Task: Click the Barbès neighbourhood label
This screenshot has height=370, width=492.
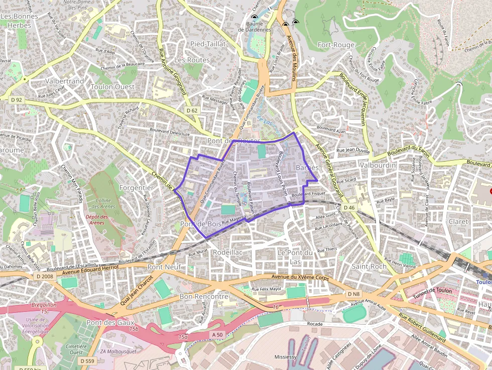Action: click(x=307, y=167)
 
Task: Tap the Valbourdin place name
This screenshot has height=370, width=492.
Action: click(x=378, y=165)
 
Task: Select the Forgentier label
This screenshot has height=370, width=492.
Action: click(x=136, y=187)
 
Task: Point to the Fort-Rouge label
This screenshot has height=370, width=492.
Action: click(x=336, y=45)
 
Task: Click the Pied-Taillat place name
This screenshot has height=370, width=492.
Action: click(x=208, y=44)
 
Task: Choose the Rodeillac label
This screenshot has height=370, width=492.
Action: click(x=228, y=252)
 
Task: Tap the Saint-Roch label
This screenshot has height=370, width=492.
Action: click(x=369, y=266)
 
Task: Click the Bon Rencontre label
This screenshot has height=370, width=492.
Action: click(x=204, y=297)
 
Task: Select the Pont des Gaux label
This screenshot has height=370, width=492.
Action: click(x=108, y=322)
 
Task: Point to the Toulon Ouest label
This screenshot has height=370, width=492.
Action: click(x=112, y=86)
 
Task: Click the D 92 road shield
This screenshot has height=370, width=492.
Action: click(x=16, y=100)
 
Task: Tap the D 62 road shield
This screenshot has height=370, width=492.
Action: click(x=192, y=110)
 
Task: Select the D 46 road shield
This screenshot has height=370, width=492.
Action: click(x=349, y=207)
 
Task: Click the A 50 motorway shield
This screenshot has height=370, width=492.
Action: click(x=217, y=334)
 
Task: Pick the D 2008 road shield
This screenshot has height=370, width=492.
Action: click(x=45, y=276)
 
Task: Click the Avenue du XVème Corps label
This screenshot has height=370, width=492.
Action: click(x=299, y=277)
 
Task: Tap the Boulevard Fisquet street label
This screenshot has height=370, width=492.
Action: click(x=308, y=194)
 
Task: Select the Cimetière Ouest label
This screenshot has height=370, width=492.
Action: click(x=76, y=349)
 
